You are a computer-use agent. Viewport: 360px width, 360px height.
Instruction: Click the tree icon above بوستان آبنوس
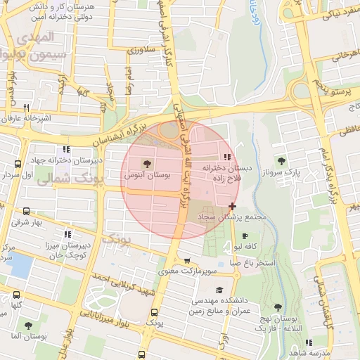coord(146,163)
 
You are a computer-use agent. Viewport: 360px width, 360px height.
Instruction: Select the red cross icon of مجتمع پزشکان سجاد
coord(233,206)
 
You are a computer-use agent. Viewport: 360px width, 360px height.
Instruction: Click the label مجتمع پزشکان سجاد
coord(236,218)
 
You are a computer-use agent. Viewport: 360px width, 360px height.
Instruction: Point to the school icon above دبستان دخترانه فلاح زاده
coord(226,157)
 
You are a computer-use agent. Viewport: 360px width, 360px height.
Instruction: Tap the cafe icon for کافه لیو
coord(244,236)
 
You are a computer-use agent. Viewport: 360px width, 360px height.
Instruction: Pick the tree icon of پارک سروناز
coord(281,161)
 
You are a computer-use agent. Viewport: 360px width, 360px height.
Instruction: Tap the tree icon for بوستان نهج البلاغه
coord(277,307)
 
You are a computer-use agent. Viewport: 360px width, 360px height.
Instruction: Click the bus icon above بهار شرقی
coord(27,211)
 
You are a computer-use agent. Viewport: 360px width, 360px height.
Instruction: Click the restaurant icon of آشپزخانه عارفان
coord(25,108)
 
